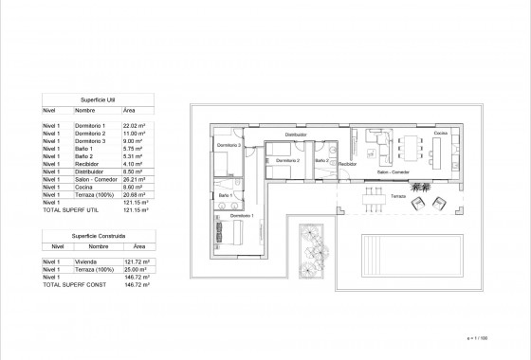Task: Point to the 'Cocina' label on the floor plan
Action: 441,134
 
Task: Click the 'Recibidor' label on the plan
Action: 348,163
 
